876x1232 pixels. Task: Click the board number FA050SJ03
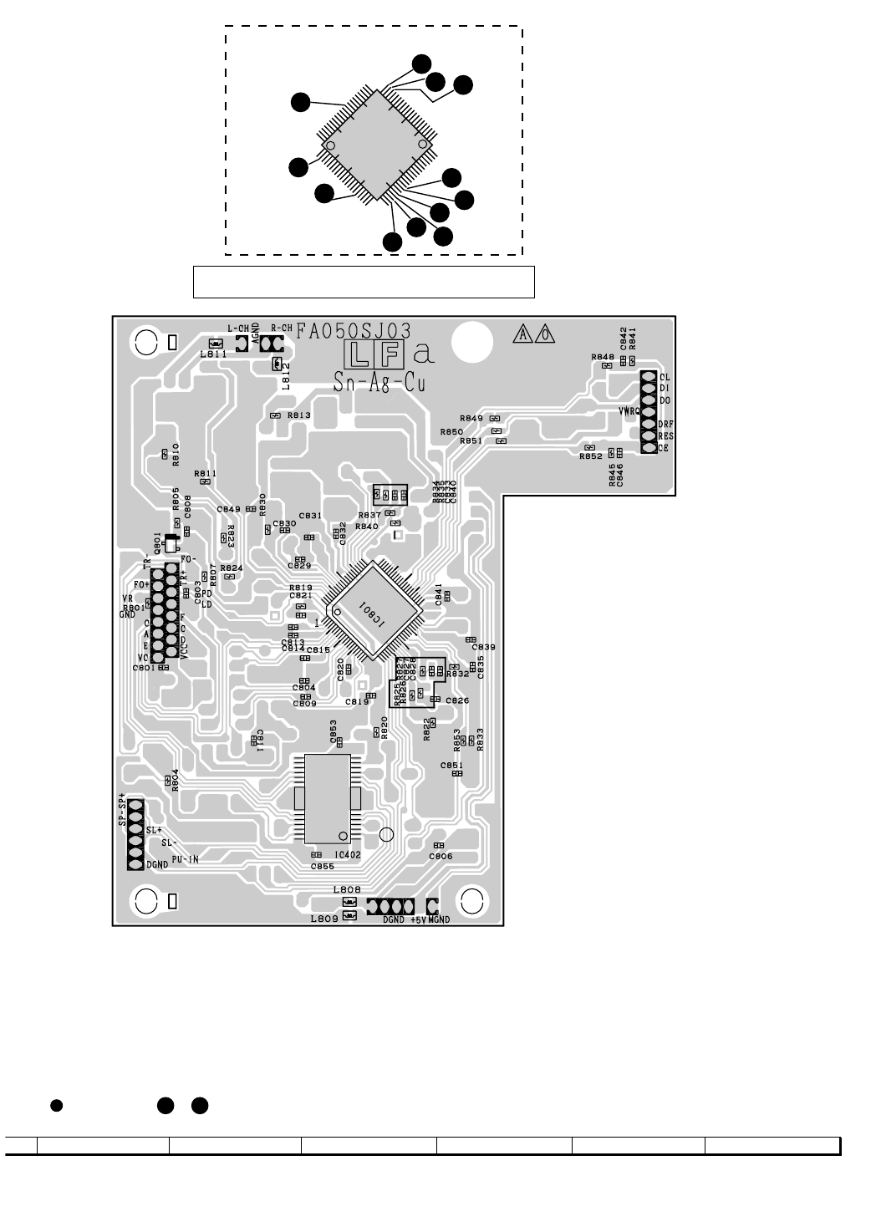[x=352, y=330]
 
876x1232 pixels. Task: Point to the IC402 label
[x=347, y=855]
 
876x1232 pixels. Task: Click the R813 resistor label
[x=298, y=415]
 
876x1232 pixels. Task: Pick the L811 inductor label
[x=213, y=354]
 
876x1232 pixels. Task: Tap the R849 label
[x=471, y=418]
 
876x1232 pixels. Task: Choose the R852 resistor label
[x=590, y=456]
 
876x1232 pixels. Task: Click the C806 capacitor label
[x=441, y=857]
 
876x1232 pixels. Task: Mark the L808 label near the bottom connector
[x=345, y=890]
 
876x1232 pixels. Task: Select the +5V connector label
[x=418, y=920]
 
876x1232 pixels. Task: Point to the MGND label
[x=439, y=920]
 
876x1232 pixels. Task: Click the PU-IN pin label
[x=185, y=858]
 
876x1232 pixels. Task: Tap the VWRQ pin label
[x=629, y=411]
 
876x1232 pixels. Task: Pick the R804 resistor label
[x=176, y=779]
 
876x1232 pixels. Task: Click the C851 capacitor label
[x=451, y=766]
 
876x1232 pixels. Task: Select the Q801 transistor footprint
[x=171, y=544]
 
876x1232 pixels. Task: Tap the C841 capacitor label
[x=438, y=595]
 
